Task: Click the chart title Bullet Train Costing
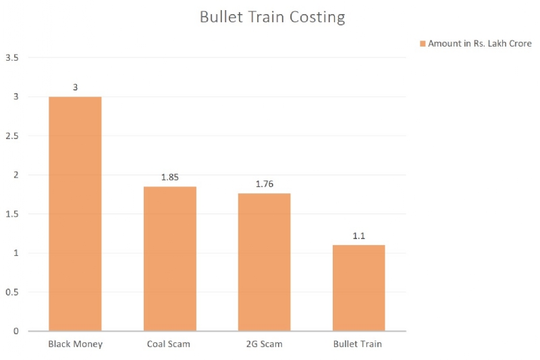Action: point(272,18)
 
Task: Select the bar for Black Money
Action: point(74,213)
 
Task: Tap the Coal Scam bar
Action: point(169,259)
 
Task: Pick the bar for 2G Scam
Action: point(263,262)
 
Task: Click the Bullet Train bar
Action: point(358,288)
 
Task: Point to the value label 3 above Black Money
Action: point(74,87)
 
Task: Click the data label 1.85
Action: point(169,177)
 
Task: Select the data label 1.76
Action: point(263,184)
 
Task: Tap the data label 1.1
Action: point(358,235)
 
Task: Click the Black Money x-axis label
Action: point(74,344)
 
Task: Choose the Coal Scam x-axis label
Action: point(169,344)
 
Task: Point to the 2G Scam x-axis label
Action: point(263,344)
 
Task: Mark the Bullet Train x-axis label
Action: point(358,344)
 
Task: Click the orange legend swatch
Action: point(423,44)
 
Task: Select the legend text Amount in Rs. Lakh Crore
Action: point(480,44)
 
